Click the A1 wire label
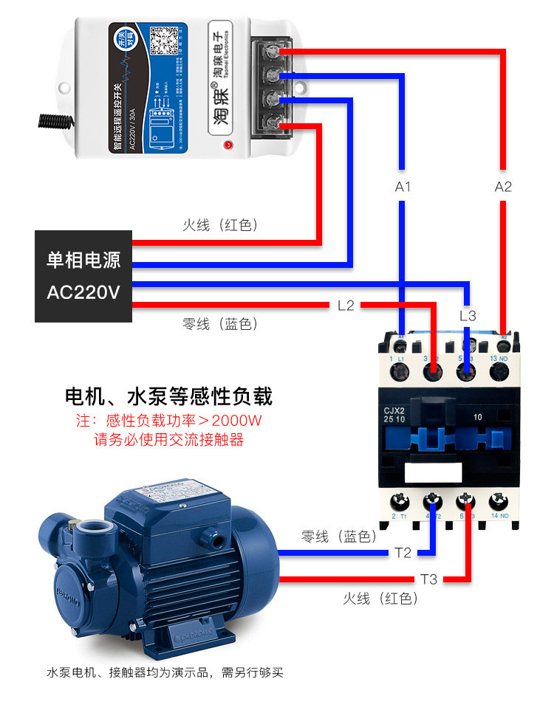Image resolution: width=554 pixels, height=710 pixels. (x=403, y=187)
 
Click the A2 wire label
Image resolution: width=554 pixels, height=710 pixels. (x=503, y=187)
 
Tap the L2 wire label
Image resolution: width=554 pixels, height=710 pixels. (x=346, y=305)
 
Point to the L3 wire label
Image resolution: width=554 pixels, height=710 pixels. (x=468, y=316)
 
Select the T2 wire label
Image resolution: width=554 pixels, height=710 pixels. (x=403, y=554)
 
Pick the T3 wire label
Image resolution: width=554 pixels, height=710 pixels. (x=429, y=579)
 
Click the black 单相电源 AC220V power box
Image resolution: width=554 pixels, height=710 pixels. (x=83, y=276)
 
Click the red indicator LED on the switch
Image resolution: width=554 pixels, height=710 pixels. (x=227, y=145)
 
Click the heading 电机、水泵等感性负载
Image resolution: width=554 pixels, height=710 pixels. (x=169, y=397)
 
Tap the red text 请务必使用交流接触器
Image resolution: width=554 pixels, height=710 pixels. (x=168, y=440)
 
